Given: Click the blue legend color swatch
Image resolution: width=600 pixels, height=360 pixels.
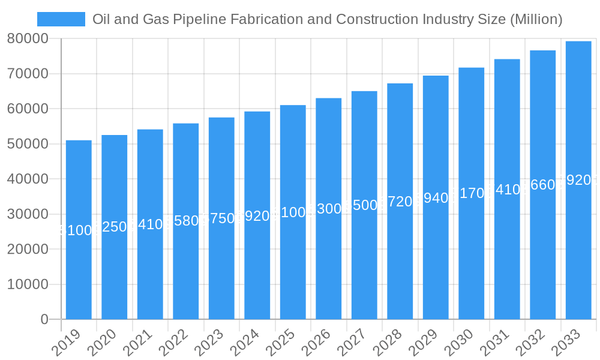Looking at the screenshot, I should click(x=61, y=19).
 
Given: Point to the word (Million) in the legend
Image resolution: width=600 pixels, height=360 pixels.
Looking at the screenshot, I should click(x=536, y=19).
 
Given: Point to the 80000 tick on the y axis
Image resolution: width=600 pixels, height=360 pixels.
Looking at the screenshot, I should click(x=28, y=39).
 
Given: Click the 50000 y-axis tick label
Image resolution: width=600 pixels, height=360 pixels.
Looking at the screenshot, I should click(x=28, y=144).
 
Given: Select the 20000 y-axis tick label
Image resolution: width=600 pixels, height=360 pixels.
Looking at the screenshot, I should click(x=28, y=249).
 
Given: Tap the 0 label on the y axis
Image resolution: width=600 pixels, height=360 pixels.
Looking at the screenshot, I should click(x=44, y=320).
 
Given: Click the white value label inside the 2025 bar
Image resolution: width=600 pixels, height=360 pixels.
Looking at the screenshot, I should click(x=293, y=212).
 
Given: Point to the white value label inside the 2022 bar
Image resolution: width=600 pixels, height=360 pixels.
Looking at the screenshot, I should click(x=186, y=221).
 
